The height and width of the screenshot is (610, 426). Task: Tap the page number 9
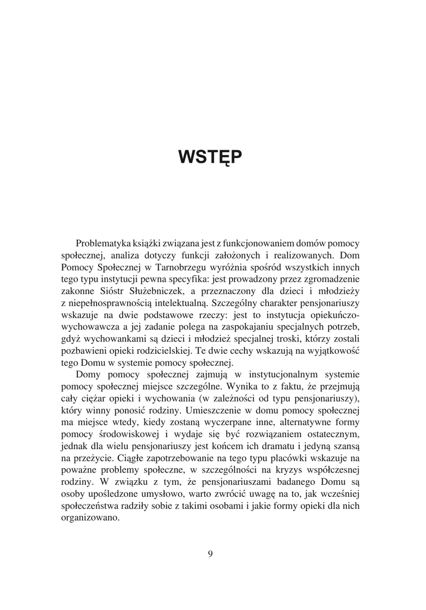[211, 553]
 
